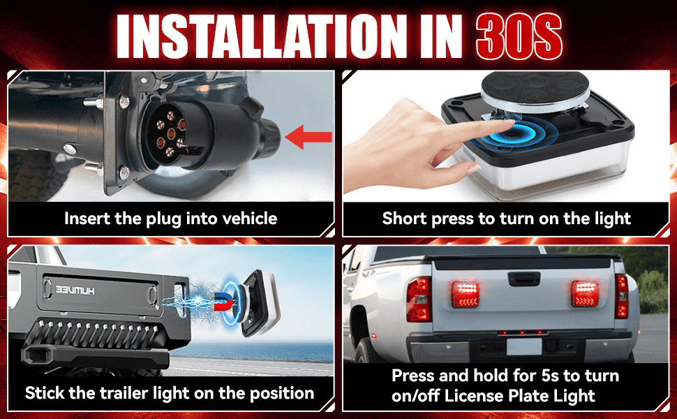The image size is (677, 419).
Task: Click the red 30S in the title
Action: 519,36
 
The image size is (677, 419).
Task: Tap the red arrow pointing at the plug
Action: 308,137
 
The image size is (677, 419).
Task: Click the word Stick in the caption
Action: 43,393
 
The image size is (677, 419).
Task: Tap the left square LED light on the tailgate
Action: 465,294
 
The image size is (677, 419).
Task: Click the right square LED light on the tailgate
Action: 585,294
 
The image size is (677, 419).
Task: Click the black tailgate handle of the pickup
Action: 523,279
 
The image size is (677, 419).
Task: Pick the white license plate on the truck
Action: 524,346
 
